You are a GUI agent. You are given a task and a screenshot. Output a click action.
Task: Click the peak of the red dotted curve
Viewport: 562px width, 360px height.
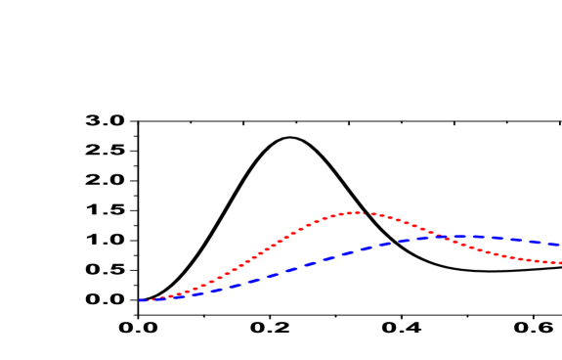click(x=357, y=211)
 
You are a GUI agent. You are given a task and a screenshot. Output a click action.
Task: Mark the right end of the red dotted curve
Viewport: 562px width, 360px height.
click(x=559, y=262)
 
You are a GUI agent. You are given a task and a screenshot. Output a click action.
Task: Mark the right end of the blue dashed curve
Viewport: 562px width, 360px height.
click(x=560, y=244)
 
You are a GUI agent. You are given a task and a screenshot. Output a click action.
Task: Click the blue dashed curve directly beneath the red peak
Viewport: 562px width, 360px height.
click(x=357, y=249)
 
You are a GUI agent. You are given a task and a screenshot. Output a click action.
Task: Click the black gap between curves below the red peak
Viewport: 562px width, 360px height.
click(x=357, y=231)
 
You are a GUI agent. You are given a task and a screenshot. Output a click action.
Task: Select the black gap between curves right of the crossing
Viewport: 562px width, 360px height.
click(x=508, y=248)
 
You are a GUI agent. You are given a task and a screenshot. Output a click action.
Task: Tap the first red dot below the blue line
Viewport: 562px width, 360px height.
click(x=445, y=239)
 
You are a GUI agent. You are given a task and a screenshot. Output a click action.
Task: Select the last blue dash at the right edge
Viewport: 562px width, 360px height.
click(x=554, y=244)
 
